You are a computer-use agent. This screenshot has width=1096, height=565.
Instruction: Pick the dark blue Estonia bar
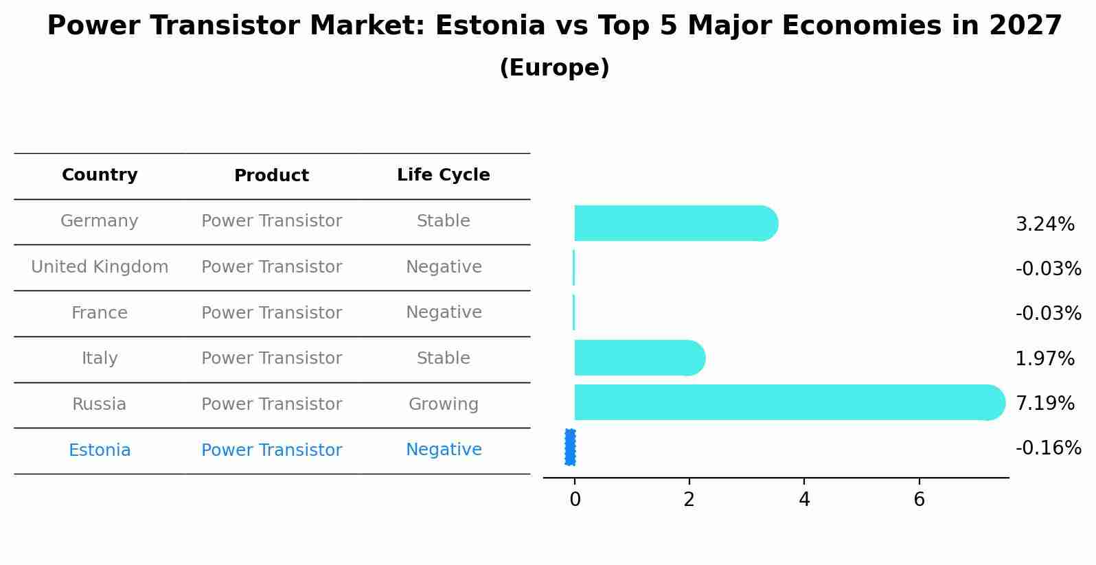[x=570, y=447]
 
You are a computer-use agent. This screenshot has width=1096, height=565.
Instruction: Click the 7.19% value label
[x=1044, y=404]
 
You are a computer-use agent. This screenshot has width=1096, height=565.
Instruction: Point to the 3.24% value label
[x=1044, y=224]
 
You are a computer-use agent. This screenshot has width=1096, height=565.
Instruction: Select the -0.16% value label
[x=1048, y=448]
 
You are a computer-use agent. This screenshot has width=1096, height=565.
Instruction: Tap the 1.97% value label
[x=1044, y=359]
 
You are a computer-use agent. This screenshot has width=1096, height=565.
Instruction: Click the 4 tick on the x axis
[x=804, y=500]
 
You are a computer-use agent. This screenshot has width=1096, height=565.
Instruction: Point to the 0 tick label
[x=575, y=500]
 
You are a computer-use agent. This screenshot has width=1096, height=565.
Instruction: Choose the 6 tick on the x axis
[x=919, y=500]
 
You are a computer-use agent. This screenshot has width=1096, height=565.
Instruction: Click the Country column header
[x=100, y=175]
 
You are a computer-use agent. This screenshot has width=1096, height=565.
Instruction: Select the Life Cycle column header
[x=443, y=175]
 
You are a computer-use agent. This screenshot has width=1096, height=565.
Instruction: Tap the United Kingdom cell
[x=100, y=267]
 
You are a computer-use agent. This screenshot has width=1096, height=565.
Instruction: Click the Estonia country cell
[x=100, y=450]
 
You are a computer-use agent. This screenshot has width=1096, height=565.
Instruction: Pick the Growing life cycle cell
[x=443, y=404]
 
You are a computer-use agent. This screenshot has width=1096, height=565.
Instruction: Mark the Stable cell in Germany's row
[x=443, y=221]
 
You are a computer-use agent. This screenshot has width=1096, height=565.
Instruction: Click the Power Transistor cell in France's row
[x=271, y=313]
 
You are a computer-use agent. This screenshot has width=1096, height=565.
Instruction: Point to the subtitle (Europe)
[x=554, y=68]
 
